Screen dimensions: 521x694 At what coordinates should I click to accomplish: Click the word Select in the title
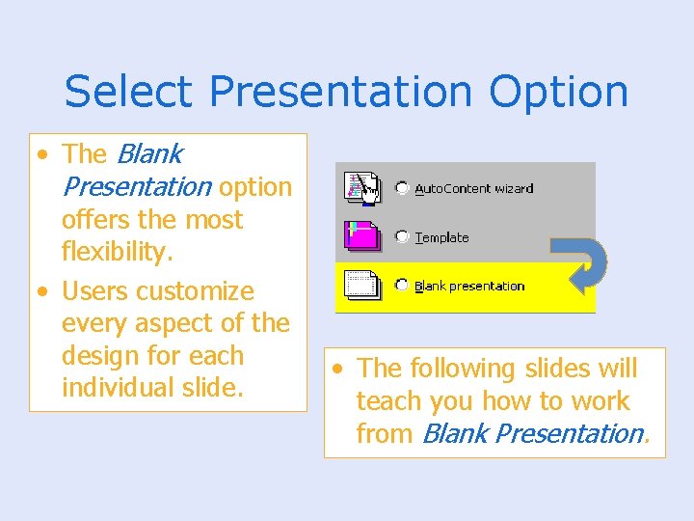131,92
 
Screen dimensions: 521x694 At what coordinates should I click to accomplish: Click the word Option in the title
558,92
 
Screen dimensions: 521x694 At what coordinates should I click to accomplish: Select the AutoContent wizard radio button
402,188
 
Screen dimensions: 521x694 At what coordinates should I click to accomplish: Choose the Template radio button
402,237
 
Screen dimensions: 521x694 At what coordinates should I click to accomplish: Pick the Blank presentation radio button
402,286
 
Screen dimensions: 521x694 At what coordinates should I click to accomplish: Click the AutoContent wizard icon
362,187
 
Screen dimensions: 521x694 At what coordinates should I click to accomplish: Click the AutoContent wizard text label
473,188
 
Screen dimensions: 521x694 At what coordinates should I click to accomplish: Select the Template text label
441,237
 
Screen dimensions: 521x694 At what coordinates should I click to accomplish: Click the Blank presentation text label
468,286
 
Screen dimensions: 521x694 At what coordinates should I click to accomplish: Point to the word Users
94,290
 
